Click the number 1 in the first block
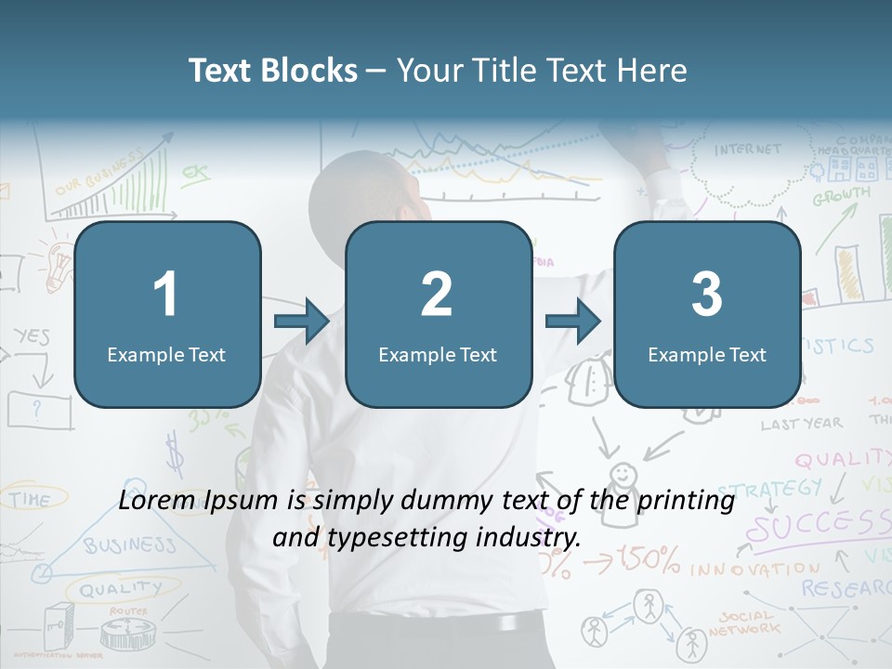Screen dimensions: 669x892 (166, 295)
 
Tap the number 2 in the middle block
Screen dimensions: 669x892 (437, 295)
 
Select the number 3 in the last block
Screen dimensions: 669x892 (707, 295)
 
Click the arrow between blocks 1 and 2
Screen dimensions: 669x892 (302, 322)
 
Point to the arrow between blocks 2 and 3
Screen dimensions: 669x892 (573, 322)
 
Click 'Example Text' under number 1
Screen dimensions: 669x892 (166, 354)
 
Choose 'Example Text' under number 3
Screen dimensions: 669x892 (707, 354)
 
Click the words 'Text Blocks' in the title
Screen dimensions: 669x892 (273, 71)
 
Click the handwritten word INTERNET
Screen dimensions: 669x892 (748, 149)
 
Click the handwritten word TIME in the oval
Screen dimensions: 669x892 (31, 499)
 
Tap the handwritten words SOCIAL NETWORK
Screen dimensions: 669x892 (743, 623)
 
